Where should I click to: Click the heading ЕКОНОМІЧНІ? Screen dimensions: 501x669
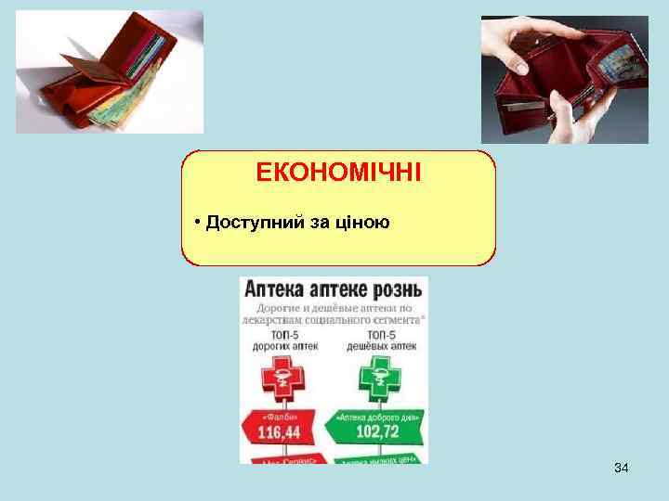click(x=338, y=173)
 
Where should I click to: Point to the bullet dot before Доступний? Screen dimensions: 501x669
click(x=198, y=224)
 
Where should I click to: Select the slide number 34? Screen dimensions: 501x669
click(x=621, y=469)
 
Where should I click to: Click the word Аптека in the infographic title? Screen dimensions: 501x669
click(x=275, y=289)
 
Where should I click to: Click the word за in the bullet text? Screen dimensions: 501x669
click(x=321, y=223)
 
